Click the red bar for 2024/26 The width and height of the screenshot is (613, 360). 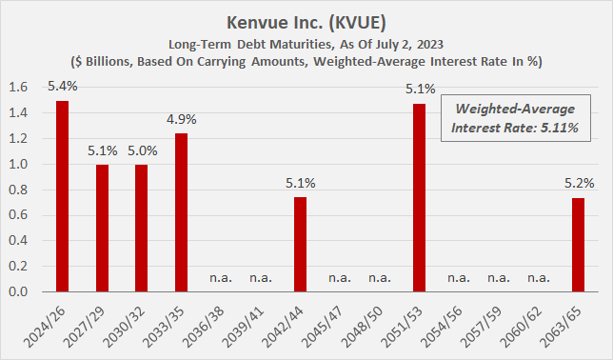(x=63, y=196)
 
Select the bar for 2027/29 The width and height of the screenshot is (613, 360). (x=102, y=229)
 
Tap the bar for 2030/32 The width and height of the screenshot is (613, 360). (x=142, y=229)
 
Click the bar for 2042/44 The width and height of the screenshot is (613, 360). (x=301, y=245)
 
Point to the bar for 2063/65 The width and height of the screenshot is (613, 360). (x=577, y=245)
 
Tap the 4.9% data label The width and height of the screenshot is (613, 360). (x=182, y=122)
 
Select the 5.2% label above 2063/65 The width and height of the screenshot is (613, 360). (x=577, y=186)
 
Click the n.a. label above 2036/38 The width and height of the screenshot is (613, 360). (x=221, y=279)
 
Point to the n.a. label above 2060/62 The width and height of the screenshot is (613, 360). (x=537, y=279)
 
